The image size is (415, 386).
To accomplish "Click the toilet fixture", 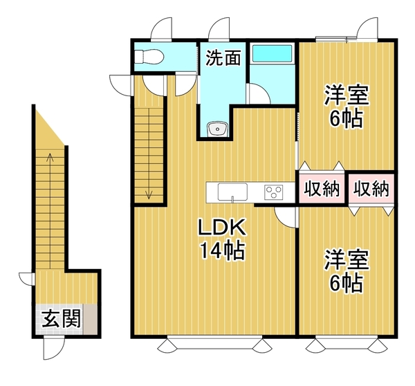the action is click(149, 57).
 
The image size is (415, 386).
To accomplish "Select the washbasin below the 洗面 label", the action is click(217, 129).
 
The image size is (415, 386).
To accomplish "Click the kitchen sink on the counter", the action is click(232, 192).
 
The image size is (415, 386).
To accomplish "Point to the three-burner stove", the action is click(274, 192).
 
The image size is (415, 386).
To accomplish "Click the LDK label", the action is click(222, 228).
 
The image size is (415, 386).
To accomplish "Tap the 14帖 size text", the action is click(222, 250).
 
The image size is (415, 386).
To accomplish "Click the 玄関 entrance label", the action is click(61, 319).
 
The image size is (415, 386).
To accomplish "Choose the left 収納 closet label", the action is click(322, 189).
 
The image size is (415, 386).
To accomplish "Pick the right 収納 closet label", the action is click(371, 189).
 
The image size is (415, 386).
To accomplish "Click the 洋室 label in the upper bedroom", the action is click(347, 95).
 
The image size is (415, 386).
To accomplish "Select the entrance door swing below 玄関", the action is click(54, 349).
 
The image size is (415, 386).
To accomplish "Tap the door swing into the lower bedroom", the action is click(285, 217).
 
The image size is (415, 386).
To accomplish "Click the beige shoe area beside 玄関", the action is click(90, 320).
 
